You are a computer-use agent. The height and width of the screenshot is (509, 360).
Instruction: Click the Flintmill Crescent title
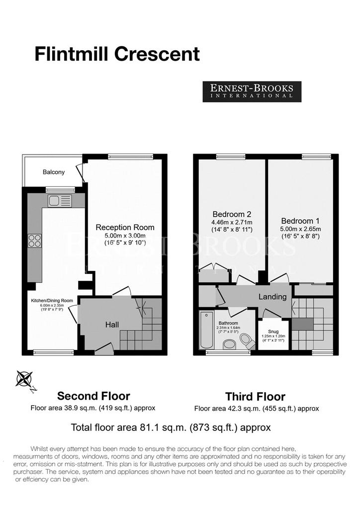[x=117, y=54]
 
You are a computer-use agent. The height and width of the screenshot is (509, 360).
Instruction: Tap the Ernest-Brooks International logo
[x=252, y=91]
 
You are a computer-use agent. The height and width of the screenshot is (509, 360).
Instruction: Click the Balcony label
[x=54, y=172]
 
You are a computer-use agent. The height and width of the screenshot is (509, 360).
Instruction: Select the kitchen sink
[x=60, y=201]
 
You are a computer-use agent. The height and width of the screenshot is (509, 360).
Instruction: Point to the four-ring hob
[x=35, y=241]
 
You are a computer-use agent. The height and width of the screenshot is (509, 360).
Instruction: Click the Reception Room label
[x=125, y=227]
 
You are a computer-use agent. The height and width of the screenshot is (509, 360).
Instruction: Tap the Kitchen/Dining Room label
[x=52, y=301]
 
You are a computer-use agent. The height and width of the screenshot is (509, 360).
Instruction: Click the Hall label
[x=112, y=325]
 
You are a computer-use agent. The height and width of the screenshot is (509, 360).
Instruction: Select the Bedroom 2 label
[x=232, y=214]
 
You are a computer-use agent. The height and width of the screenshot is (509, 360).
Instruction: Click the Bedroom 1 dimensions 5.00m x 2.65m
[x=301, y=229]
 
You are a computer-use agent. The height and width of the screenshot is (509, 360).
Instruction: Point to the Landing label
[x=272, y=297]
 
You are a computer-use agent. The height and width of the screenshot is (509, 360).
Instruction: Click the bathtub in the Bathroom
[x=206, y=330]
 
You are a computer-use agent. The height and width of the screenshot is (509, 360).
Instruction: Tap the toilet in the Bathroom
[x=247, y=341]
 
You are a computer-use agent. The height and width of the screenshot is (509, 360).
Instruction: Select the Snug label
[x=273, y=332]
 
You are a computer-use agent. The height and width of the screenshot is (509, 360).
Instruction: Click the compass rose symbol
[x=24, y=379]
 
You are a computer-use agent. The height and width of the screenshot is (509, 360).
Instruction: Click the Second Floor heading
[x=93, y=396]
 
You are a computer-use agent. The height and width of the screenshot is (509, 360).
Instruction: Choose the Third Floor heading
[x=256, y=397]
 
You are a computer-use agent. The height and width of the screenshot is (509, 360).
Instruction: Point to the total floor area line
[x=171, y=427]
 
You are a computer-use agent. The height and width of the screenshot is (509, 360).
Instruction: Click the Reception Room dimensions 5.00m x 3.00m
[x=125, y=236]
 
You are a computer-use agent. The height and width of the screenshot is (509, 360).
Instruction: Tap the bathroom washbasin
[x=230, y=344]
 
